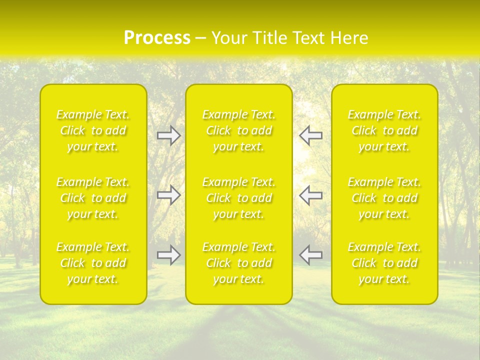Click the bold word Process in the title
[157, 38]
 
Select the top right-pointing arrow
[168, 135]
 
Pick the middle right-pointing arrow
[168, 195]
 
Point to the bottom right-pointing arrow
[168, 255]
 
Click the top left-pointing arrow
[310, 135]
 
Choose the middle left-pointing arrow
[310, 195]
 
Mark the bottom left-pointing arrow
[310, 255]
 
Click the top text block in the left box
[93, 130]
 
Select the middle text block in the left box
[93, 198]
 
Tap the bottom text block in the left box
[93, 263]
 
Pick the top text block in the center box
[239, 130]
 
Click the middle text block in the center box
[239, 198]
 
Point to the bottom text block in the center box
[239, 263]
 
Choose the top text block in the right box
[384, 130]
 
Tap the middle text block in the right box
[384, 198]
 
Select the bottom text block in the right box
[384, 263]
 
